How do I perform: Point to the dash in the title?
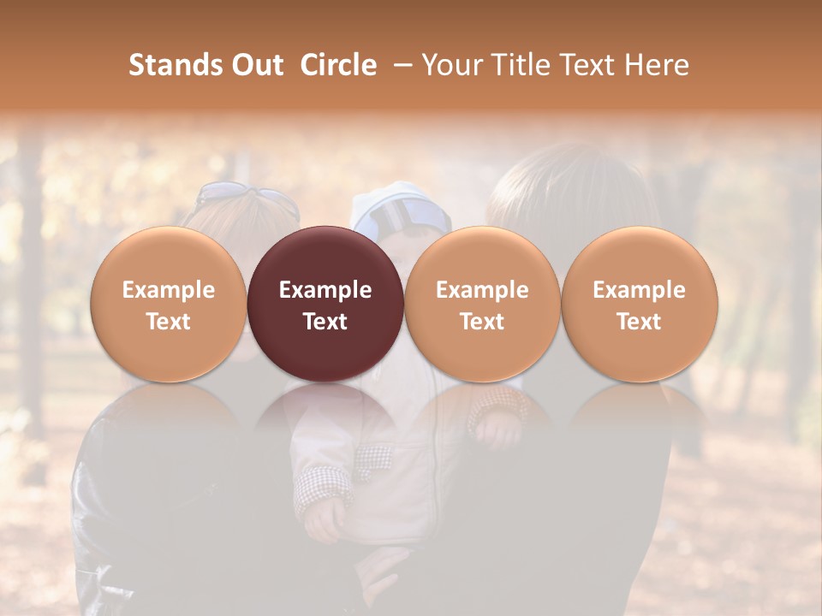point(399,65)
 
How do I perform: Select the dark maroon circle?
point(325,257)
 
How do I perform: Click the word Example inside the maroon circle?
point(325,290)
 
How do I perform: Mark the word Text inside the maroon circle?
point(325,322)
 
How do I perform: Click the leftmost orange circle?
point(169,257)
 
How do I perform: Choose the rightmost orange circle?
point(640,257)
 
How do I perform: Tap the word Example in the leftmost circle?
point(169,290)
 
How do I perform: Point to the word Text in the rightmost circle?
point(640,322)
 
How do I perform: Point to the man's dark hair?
point(565,184)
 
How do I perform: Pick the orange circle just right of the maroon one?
point(482,257)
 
